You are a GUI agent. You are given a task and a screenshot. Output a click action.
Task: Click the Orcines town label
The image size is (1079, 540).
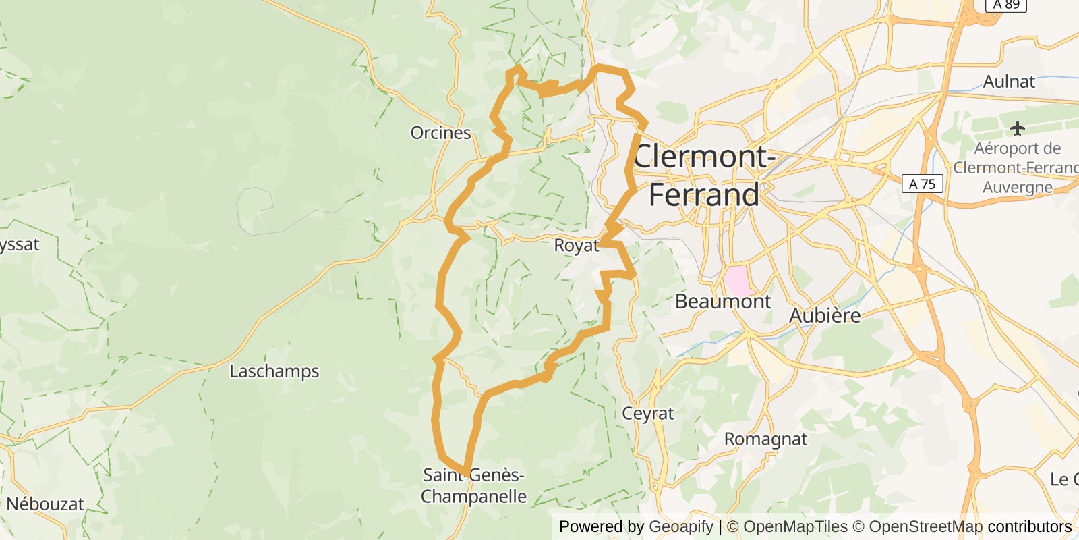click(x=440, y=133)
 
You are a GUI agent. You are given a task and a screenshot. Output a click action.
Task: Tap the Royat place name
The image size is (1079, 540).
click(x=576, y=245)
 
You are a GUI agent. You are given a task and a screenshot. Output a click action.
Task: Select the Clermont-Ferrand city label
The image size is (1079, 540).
click(x=703, y=175)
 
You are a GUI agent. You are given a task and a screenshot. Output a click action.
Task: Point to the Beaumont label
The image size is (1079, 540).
click(x=722, y=301)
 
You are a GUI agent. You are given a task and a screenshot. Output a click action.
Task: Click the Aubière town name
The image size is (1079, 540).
click(x=825, y=315)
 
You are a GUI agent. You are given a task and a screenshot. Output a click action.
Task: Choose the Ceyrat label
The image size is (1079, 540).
click(x=647, y=413)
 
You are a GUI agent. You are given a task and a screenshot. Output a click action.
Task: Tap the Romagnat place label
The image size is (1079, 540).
click(x=765, y=439)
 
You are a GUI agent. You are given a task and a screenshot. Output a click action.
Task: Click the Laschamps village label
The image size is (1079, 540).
click(x=274, y=371)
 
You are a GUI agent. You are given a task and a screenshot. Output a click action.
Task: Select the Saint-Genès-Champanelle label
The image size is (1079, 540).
click(x=473, y=485)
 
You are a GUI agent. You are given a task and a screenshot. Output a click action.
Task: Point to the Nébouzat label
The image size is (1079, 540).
click(x=45, y=504)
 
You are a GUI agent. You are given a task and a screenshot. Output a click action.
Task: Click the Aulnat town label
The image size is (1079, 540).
click(x=1008, y=82)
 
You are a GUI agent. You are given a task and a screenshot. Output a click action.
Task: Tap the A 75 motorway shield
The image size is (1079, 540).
click(x=922, y=184)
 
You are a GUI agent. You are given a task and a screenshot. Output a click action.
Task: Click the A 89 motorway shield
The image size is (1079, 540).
click(x=1006, y=5)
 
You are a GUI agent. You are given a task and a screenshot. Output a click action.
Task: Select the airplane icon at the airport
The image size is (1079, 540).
click(x=1018, y=128)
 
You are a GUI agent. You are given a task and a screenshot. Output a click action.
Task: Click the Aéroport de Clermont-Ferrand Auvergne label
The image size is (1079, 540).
click(x=1017, y=167)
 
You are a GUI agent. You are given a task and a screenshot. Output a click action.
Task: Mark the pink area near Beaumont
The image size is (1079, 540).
click(x=736, y=280)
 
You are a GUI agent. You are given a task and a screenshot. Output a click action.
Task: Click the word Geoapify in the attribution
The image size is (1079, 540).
click(x=680, y=526)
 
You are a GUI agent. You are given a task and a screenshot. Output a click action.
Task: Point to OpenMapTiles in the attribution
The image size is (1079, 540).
click(x=795, y=526)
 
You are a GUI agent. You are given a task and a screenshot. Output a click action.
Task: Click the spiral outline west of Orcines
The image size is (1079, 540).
click(x=256, y=202)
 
